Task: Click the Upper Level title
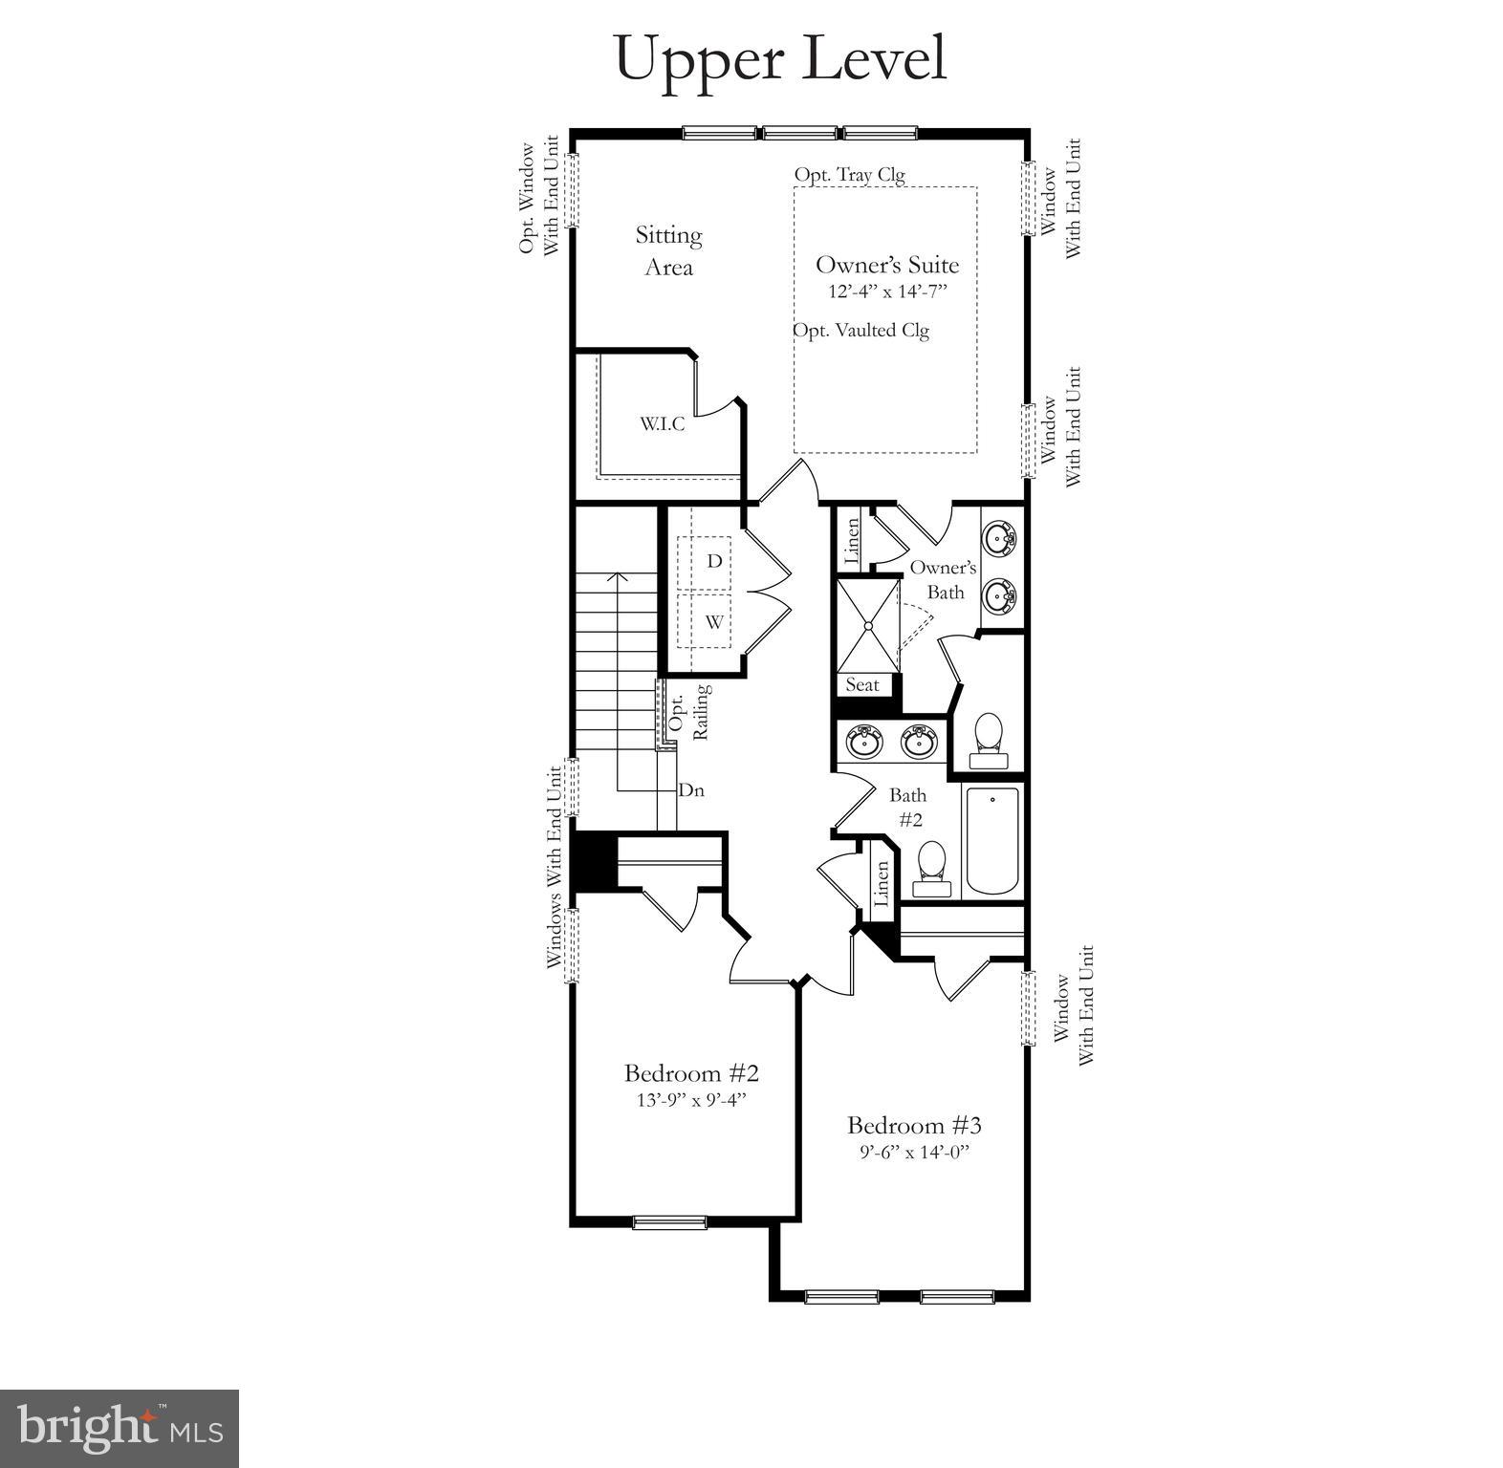point(780,59)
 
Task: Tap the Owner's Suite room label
point(886,266)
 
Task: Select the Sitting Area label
point(668,250)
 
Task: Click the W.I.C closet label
point(663,424)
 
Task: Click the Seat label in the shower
point(862,685)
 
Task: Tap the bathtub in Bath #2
point(992,841)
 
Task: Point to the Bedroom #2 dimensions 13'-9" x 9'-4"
point(691,1100)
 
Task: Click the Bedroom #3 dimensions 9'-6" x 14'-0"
point(914,1153)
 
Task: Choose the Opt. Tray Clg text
point(849,175)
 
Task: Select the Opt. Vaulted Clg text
point(860,331)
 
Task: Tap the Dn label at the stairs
point(691,791)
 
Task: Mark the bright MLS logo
point(120,1427)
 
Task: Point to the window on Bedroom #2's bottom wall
point(669,1221)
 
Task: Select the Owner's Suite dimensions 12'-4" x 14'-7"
point(887,291)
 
